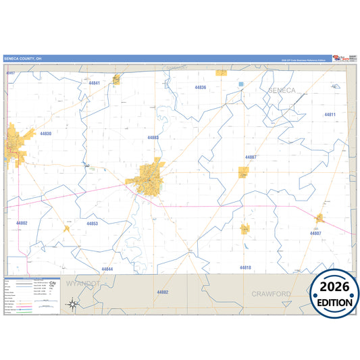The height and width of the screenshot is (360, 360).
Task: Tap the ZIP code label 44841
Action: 95,83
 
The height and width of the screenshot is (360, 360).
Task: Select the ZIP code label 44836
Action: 201,88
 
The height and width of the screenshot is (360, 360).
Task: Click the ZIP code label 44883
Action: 153,137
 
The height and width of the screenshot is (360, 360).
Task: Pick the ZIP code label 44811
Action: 330,115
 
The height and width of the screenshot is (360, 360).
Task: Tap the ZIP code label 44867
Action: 251,157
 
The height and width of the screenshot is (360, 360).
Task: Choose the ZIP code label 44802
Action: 22,223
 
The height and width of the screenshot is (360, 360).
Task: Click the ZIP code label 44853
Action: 93,224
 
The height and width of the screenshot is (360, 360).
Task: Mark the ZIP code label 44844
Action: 107,269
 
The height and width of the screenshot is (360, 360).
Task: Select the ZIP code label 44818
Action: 245,268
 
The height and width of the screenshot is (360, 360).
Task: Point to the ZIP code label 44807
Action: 315,233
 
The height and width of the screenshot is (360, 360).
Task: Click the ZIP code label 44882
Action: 162,292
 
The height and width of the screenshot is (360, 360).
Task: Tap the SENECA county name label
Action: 282,90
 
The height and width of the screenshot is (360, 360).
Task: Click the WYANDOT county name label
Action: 83,284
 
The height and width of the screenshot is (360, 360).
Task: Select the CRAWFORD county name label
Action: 271,294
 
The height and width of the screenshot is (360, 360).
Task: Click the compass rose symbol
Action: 72,305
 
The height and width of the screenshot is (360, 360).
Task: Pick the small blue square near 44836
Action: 240,84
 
